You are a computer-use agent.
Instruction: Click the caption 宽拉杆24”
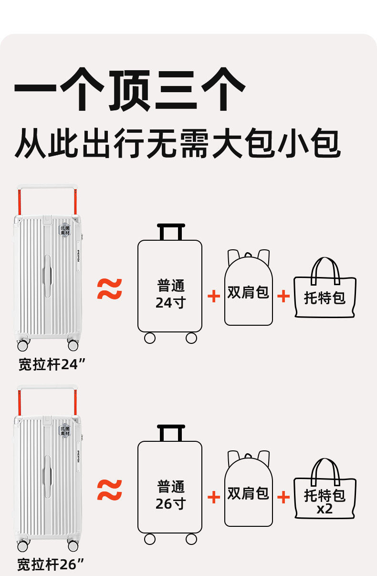pos(52,364)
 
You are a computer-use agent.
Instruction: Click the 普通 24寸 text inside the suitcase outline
pos(170,294)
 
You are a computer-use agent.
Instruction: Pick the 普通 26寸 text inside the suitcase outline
pos(170,495)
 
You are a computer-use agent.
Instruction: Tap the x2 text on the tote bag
pos(325,509)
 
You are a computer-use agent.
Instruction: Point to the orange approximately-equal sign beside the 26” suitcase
pos(110,490)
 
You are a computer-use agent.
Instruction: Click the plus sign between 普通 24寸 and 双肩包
pos(214,296)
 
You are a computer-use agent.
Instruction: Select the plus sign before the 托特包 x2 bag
pos(283,497)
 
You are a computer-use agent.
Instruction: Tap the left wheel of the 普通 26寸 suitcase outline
pos(150,539)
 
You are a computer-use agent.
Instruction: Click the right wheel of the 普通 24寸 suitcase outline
pos(191,338)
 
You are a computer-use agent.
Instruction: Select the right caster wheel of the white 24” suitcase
pos(73,345)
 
